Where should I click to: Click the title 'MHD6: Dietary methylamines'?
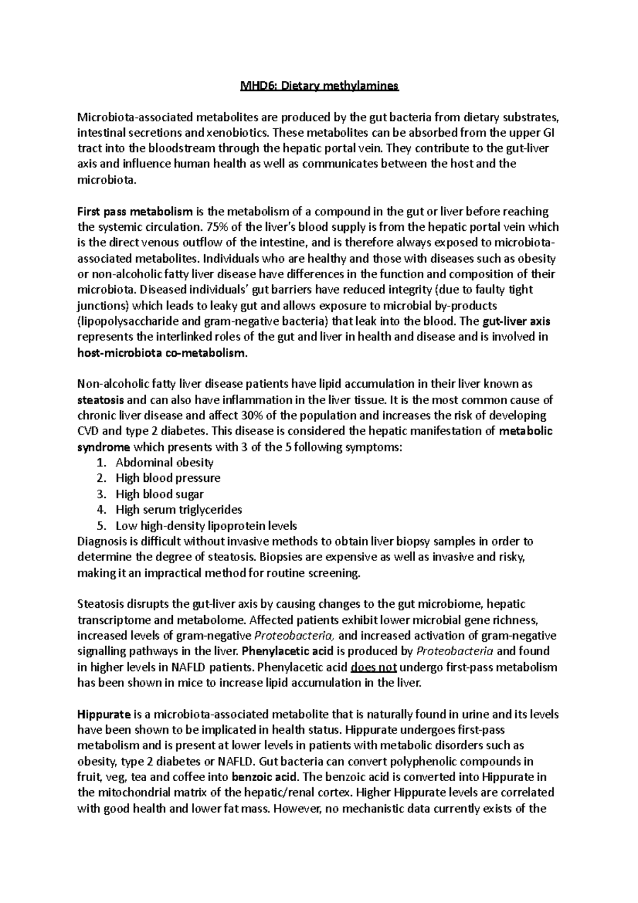(319, 86)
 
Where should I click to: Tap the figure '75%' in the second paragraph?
(216, 227)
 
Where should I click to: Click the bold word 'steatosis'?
(101, 399)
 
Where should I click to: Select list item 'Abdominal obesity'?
(165, 462)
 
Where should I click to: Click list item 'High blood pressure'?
(168, 478)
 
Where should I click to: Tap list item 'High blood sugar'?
(159, 494)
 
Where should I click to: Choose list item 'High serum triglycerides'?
(179, 509)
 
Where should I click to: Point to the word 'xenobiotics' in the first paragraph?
(239, 133)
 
